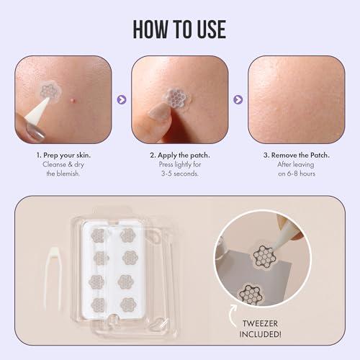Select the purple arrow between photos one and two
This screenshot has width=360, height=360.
121,100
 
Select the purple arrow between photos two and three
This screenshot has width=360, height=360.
238,100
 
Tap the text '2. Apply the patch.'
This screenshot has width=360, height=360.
179,155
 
